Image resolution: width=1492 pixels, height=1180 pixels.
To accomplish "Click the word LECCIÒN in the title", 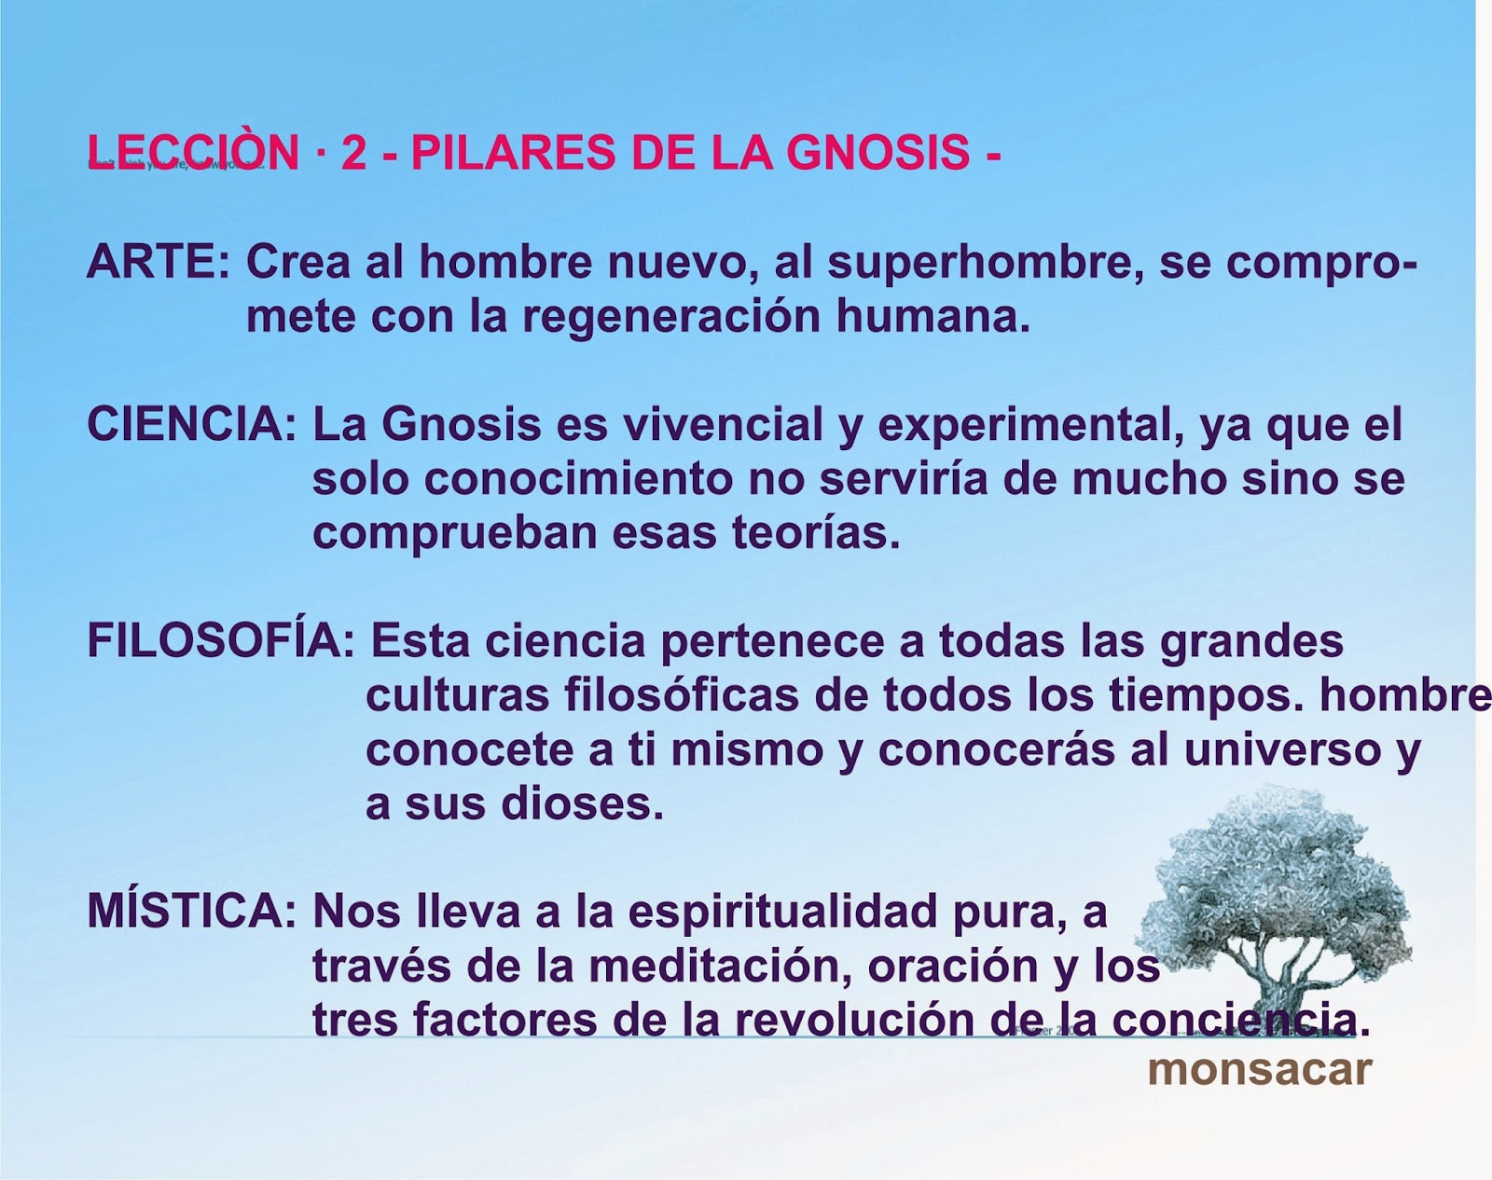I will point(192,152).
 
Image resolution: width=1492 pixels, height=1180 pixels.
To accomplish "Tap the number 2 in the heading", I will point(353,152).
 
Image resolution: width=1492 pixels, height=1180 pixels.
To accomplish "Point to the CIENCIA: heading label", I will point(191,425).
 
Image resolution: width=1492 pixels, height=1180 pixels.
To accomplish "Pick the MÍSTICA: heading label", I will point(191,912).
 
